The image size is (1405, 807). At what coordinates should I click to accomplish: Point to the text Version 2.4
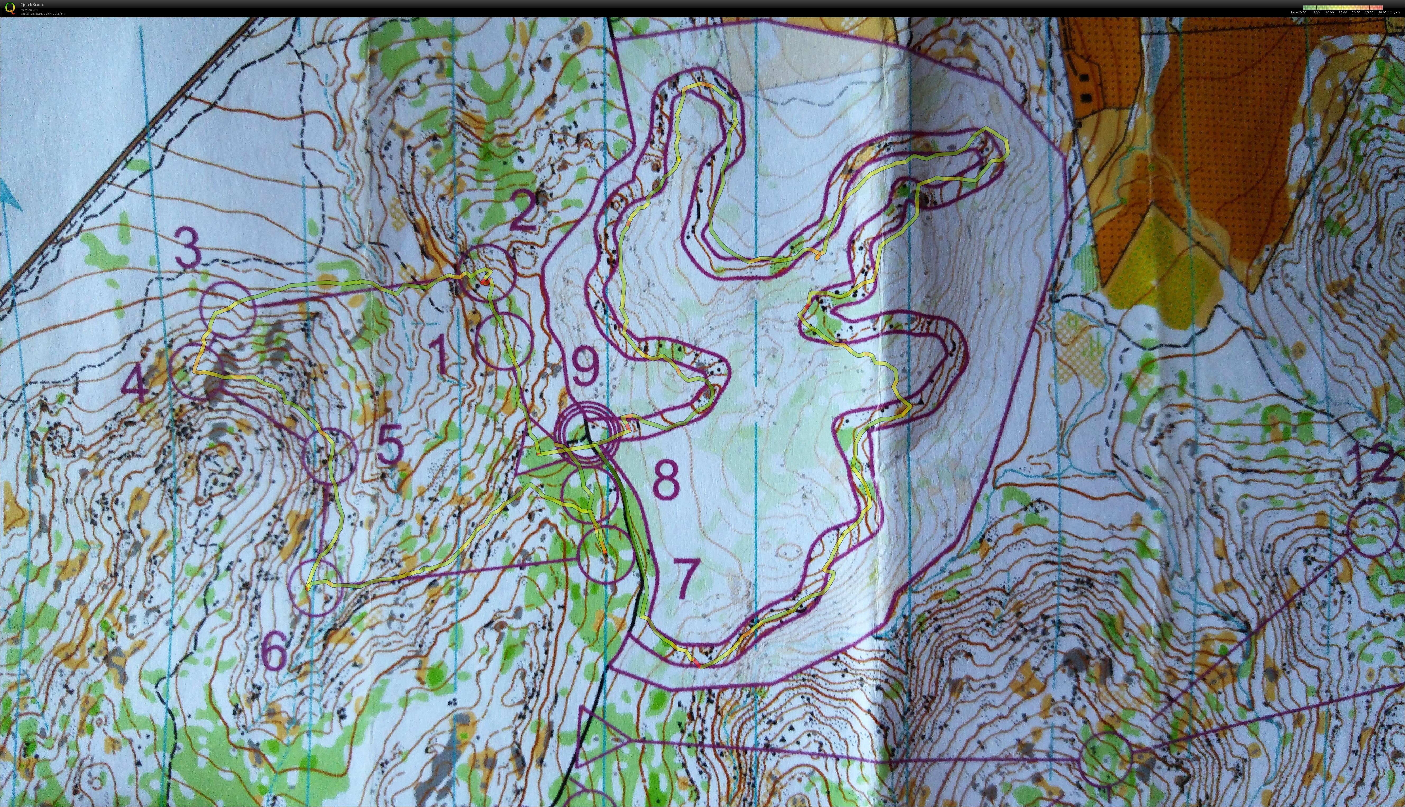29,10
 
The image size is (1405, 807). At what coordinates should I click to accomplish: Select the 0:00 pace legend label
1303,12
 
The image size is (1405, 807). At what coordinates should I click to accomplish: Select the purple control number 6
274,651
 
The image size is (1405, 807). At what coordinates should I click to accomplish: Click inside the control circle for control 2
488,273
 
